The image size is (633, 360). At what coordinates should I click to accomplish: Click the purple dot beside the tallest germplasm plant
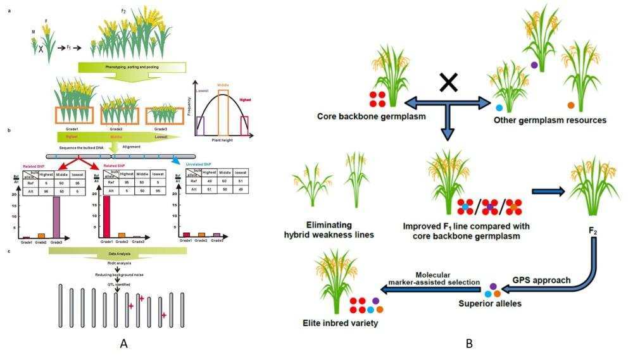tap(535, 65)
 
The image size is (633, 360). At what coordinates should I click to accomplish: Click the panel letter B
tap(469, 344)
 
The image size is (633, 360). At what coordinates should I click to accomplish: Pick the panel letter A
tap(124, 344)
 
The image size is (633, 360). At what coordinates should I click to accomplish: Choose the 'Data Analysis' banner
tap(118, 252)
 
